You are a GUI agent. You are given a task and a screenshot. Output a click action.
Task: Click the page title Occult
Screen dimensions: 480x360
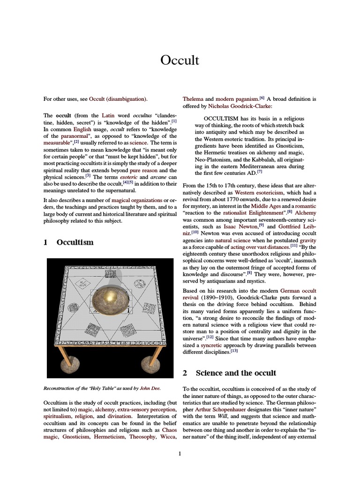tap(180, 60)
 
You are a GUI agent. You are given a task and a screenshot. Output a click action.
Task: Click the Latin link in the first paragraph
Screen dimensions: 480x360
tap(109, 115)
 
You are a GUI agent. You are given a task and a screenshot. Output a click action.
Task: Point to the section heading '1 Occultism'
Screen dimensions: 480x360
tap(68, 242)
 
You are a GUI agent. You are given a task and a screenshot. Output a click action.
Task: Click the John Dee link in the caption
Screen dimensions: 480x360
tap(150, 388)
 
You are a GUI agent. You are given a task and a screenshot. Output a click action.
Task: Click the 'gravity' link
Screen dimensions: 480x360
tap(307, 240)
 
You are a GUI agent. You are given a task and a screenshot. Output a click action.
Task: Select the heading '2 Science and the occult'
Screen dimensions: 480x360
tap(229, 373)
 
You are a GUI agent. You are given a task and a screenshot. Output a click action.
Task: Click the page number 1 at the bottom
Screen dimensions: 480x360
tap(180, 453)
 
